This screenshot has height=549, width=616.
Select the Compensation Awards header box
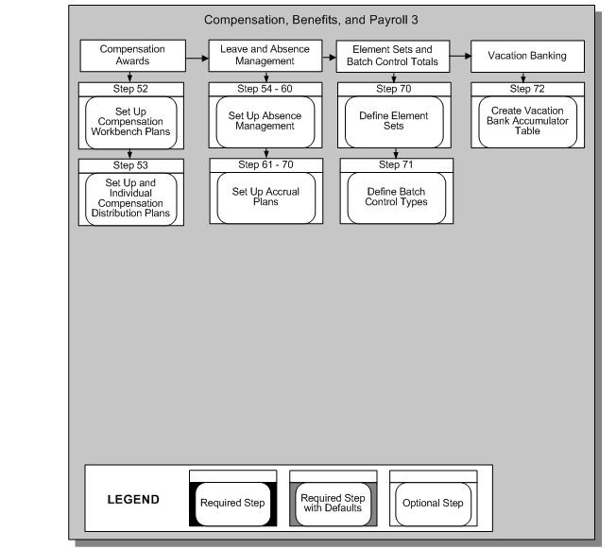coord(132,56)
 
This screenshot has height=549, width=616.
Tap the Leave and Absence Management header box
coord(263,56)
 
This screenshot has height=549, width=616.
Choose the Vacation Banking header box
coord(526,56)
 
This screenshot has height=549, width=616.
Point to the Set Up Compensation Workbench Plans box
coord(132,122)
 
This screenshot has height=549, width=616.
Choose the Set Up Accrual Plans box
coord(265,197)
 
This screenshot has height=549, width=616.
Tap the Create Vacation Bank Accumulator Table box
coord(525,122)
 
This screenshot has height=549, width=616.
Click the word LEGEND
coord(133,499)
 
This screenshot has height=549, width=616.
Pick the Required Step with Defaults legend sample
coord(332,503)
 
